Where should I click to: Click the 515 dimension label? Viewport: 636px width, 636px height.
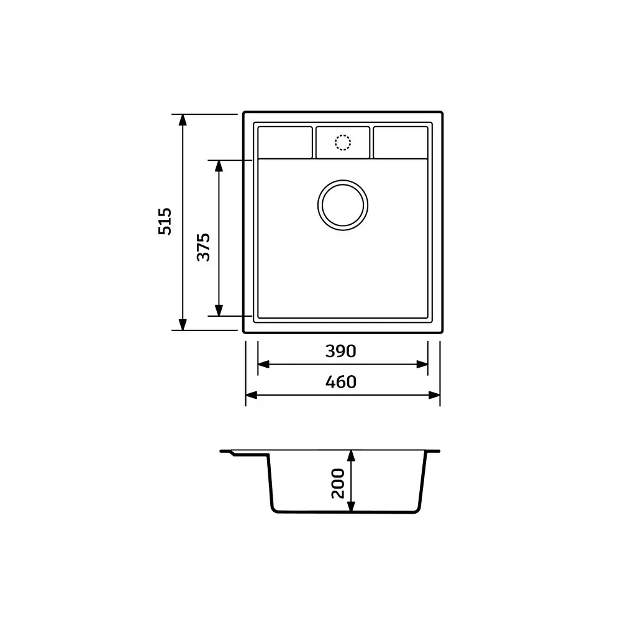coord(165,222)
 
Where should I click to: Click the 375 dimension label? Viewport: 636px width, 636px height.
coord(203,247)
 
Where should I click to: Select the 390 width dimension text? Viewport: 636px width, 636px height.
coord(341,351)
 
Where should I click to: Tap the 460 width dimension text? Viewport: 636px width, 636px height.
coord(341,382)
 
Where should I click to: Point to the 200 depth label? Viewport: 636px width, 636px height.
coord(338,483)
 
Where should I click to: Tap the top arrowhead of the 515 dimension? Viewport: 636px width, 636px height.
coord(183,120)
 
